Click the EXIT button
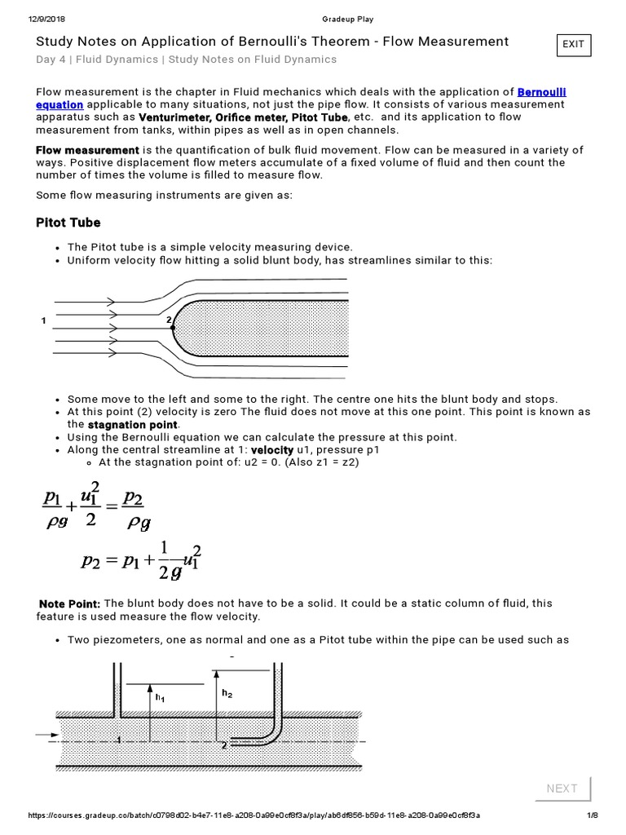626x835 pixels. [573, 45]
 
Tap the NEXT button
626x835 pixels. [562, 788]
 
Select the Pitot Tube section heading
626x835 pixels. [68, 223]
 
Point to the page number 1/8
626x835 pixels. [593, 815]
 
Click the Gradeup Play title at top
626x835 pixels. [346, 20]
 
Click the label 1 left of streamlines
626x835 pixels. [43, 321]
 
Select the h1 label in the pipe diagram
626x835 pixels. [161, 697]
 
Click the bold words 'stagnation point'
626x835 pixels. [132, 425]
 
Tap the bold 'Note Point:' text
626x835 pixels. [70, 603]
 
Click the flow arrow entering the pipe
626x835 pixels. [42, 735]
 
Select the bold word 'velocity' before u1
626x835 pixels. [271, 450]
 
